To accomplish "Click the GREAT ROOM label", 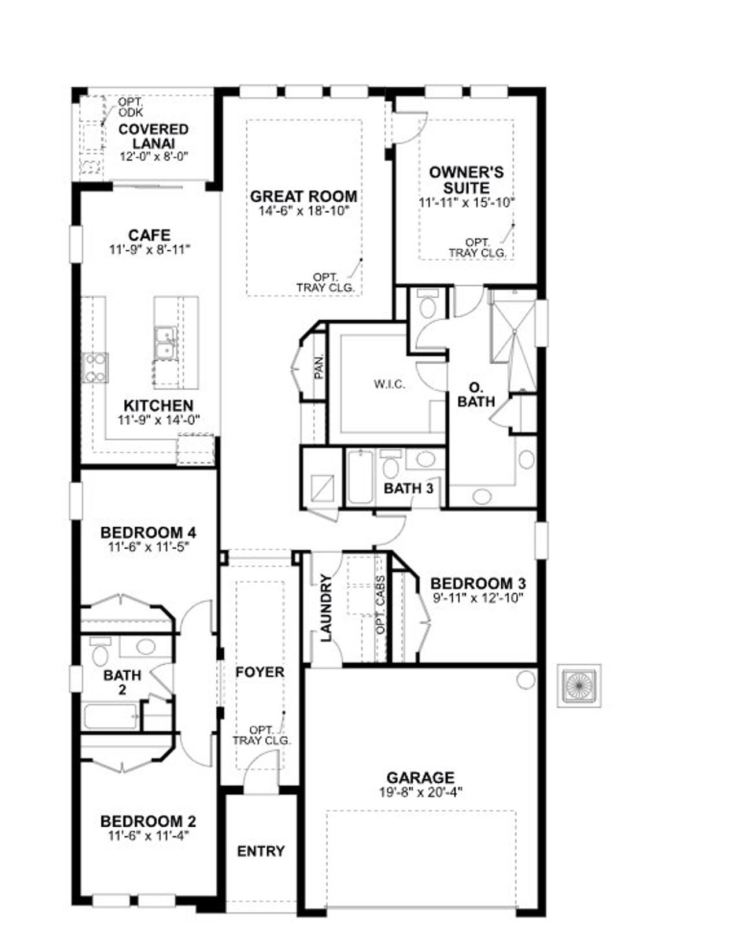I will (x=304, y=197).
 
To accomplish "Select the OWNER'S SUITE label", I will (x=466, y=180).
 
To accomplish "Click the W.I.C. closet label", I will (x=389, y=384).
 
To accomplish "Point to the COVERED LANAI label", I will (x=153, y=136).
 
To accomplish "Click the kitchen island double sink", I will (x=165, y=342).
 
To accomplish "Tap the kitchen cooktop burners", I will (x=95, y=368).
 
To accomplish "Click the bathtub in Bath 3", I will (x=360, y=478).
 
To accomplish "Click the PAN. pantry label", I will (x=318, y=367).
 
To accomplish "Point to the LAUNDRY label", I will (x=326, y=608).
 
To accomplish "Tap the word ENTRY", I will (x=261, y=851).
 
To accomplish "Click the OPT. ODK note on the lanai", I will (x=130, y=107).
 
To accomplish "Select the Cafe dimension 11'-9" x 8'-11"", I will (x=149, y=250).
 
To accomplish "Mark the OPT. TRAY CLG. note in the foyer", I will (x=262, y=735).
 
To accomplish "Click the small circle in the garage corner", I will (x=526, y=680).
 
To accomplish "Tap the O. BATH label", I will (x=476, y=394).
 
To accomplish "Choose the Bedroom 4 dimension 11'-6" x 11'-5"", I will (x=149, y=546).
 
